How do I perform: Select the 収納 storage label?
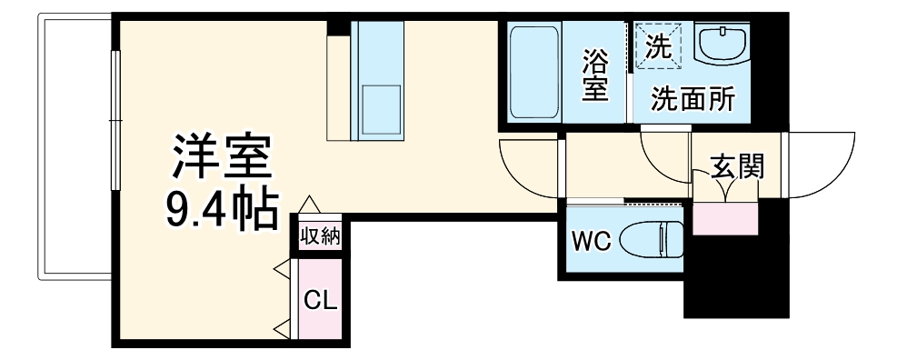pos(320,236)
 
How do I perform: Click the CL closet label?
pos(320,300)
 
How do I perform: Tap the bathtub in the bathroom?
pos(535,73)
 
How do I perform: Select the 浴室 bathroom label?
pos(595,75)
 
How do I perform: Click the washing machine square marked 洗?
pos(657,44)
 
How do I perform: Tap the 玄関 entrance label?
pos(736,167)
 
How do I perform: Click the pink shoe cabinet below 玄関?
pos(724,219)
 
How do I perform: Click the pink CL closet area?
pos(320,314)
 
